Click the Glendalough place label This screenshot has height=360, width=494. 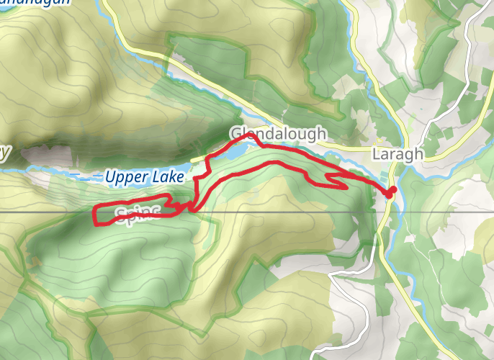tap(278, 134)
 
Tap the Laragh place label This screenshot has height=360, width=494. tap(398, 154)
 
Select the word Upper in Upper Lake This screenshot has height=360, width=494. tap(125, 176)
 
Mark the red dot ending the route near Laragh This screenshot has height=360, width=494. tap(392, 190)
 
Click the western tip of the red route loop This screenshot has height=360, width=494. tap(96, 214)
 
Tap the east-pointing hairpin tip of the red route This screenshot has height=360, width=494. tap(347, 188)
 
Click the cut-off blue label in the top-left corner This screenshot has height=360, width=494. tap(36, 3)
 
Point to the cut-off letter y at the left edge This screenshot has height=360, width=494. tap(6, 153)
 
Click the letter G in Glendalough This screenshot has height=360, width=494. tap(235, 134)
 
